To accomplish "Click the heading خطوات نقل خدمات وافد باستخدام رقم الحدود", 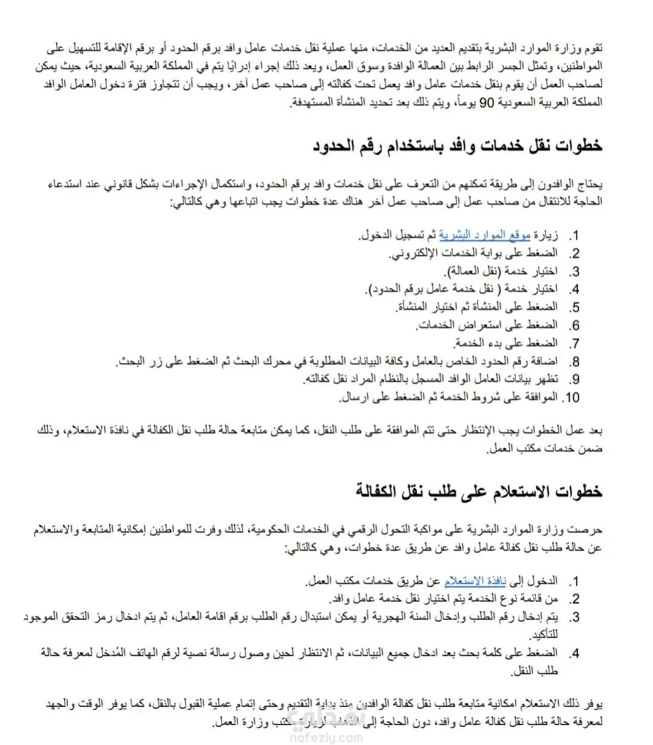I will click(x=458, y=146).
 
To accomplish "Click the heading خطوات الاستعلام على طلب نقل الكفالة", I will click(x=479, y=490).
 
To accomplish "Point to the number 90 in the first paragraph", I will click(x=487, y=103).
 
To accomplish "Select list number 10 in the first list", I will click(x=571, y=398).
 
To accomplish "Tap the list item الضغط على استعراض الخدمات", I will click(x=487, y=325).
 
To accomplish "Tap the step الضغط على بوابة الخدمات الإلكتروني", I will click(x=473, y=253).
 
